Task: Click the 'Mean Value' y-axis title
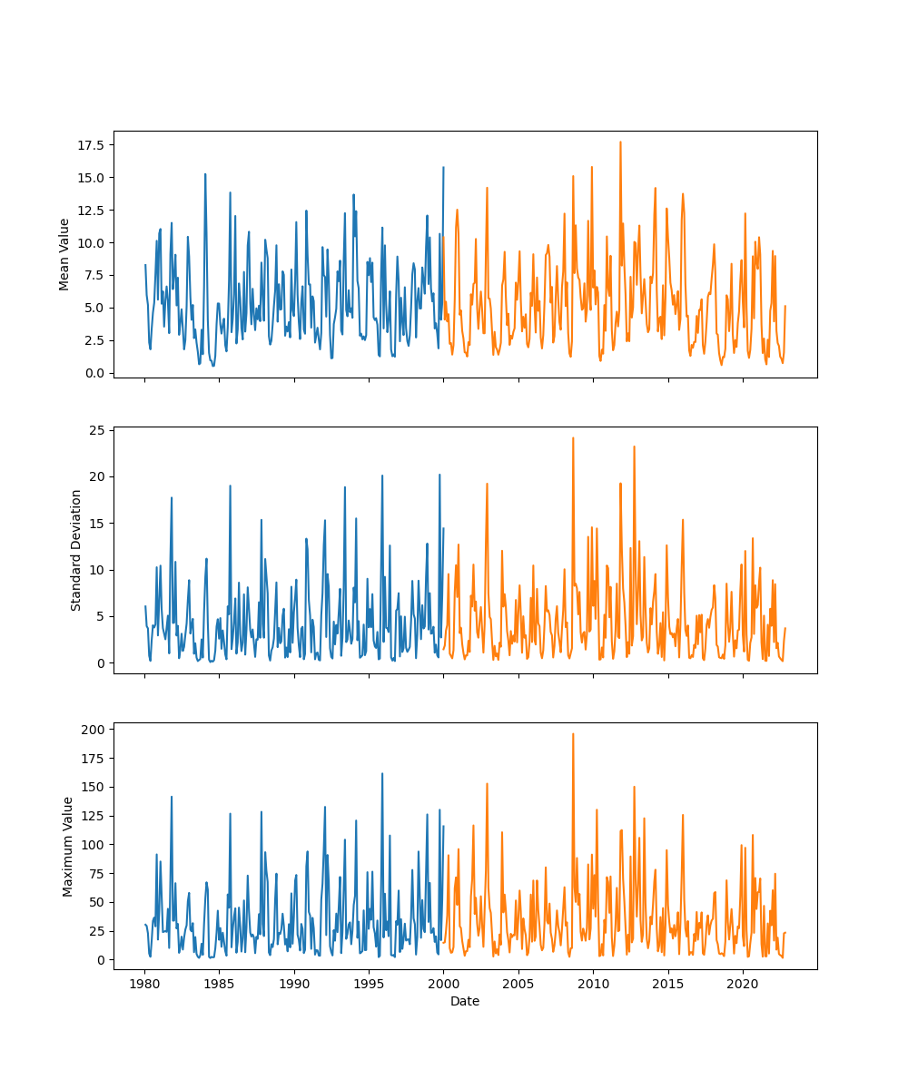[x=64, y=254]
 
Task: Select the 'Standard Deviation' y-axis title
[x=76, y=550]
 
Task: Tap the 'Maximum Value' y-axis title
[x=67, y=846]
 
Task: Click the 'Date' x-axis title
[x=465, y=1001]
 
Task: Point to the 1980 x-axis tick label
[x=144, y=984]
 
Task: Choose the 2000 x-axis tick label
[x=443, y=984]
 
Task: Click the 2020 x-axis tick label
[x=743, y=984]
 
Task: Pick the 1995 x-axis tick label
[x=369, y=984]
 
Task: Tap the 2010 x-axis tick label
[x=593, y=984]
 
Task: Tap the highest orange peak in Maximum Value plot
[x=573, y=734]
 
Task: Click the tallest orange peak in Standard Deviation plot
[x=573, y=438]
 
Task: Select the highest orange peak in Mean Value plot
[x=620, y=142]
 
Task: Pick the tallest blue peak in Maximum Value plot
[x=382, y=774]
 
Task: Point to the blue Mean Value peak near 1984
[x=205, y=174]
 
